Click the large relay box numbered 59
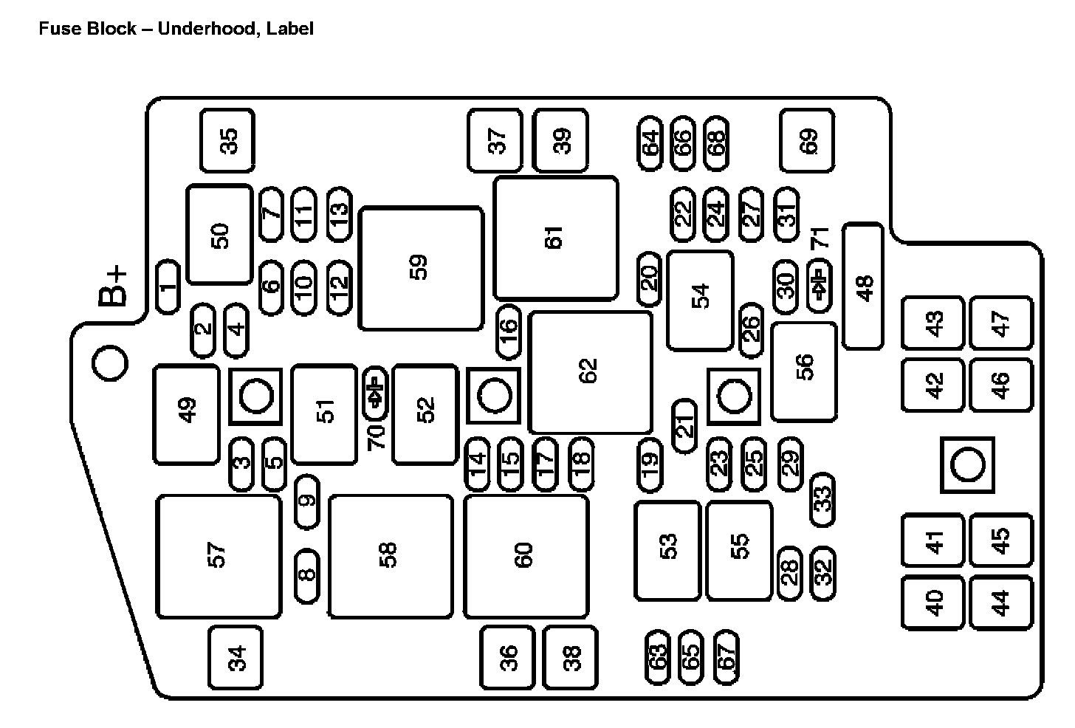click(421, 269)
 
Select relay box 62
click(591, 372)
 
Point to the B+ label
click(113, 288)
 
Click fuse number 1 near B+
click(168, 286)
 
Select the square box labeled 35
click(227, 140)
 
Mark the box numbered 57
click(219, 556)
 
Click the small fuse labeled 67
click(727, 656)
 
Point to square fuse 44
click(1000, 603)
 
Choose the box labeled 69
click(807, 140)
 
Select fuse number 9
click(307, 501)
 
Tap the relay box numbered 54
click(700, 301)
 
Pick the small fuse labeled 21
click(684, 425)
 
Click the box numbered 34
click(236, 657)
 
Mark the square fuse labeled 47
click(1000, 323)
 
